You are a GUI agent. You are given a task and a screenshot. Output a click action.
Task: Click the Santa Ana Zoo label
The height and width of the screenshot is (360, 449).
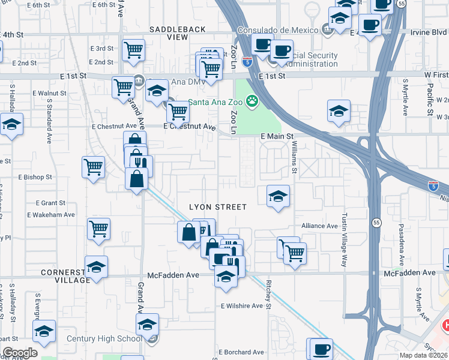click(217, 102)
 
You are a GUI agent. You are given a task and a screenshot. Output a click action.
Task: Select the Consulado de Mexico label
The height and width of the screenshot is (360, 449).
click(279, 30)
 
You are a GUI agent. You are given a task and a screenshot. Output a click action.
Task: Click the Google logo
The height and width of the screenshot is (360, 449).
click(20, 353)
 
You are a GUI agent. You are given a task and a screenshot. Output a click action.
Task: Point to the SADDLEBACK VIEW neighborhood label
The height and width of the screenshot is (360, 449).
click(177, 33)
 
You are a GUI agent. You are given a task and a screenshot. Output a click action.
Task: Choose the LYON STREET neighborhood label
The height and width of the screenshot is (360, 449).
click(218, 207)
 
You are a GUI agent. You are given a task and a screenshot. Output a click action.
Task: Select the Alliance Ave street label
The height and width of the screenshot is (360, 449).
click(320, 226)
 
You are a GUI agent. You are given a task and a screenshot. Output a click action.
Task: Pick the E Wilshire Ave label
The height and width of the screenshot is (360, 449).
click(241, 305)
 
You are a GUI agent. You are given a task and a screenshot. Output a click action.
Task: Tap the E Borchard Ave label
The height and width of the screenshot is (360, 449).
click(241, 352)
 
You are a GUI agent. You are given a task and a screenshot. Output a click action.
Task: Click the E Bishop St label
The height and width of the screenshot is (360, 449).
click(35, 178)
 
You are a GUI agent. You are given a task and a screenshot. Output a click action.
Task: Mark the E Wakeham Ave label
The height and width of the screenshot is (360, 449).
click(50, 214)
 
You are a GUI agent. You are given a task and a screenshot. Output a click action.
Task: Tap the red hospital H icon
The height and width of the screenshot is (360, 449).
click(445, 325)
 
